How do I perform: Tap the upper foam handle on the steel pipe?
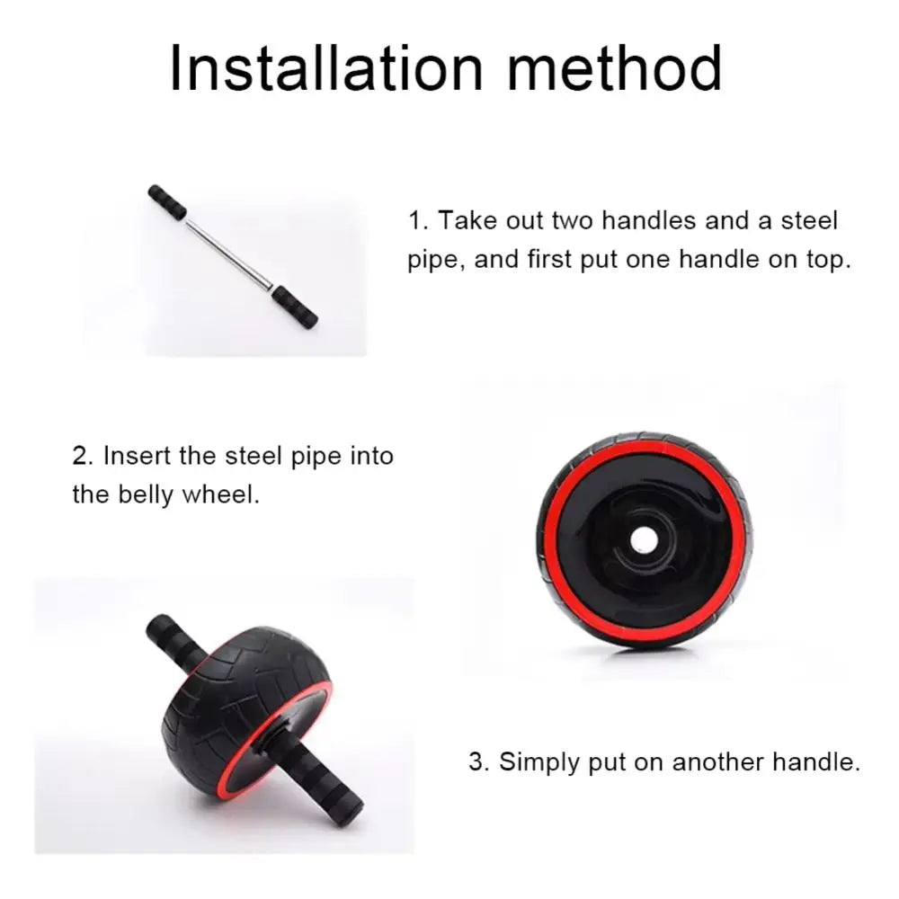coord(167,201)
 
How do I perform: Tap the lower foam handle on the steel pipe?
coord(295,307)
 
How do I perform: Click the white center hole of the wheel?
coord(644,539)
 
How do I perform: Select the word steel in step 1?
coord(809,221)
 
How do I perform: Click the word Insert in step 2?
coord(137,457)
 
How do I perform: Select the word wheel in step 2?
coord(221,495)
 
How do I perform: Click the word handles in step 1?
coord(649,221)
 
